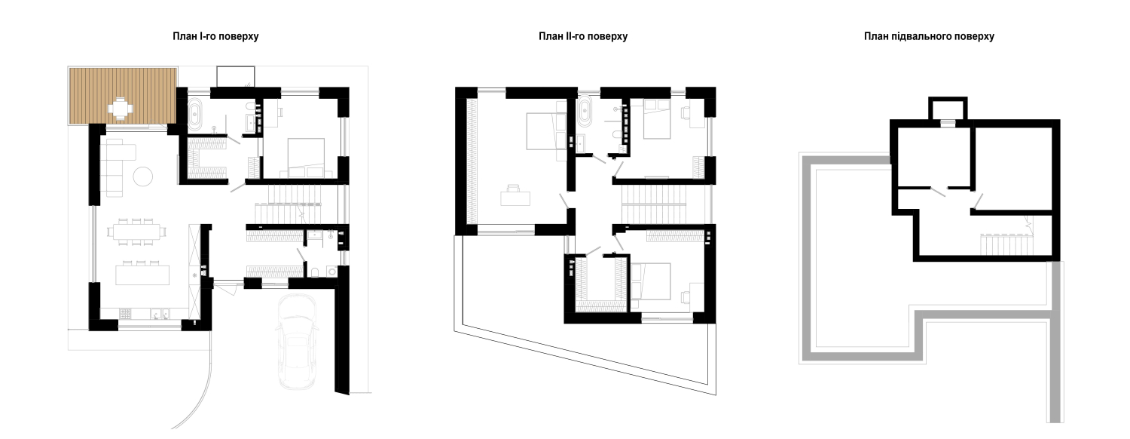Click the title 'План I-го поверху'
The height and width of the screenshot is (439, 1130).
pos(215,36)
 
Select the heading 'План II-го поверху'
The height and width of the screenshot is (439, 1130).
pos(582,36)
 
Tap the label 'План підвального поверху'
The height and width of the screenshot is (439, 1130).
pos(929,36)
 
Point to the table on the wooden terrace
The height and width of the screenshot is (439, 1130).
pos(121,108)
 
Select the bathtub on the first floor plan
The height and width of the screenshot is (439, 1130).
pos(195,115)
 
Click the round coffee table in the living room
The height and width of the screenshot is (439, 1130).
pos(143,176)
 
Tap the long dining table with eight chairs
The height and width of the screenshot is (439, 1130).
pos(136,232)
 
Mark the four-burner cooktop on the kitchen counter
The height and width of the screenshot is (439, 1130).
pos(126,314)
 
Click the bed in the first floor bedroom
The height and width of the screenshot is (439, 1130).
pos(306,157)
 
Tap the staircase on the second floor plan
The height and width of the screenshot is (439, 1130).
pos(655,204)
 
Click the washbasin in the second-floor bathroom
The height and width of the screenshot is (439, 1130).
pos(580,143)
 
